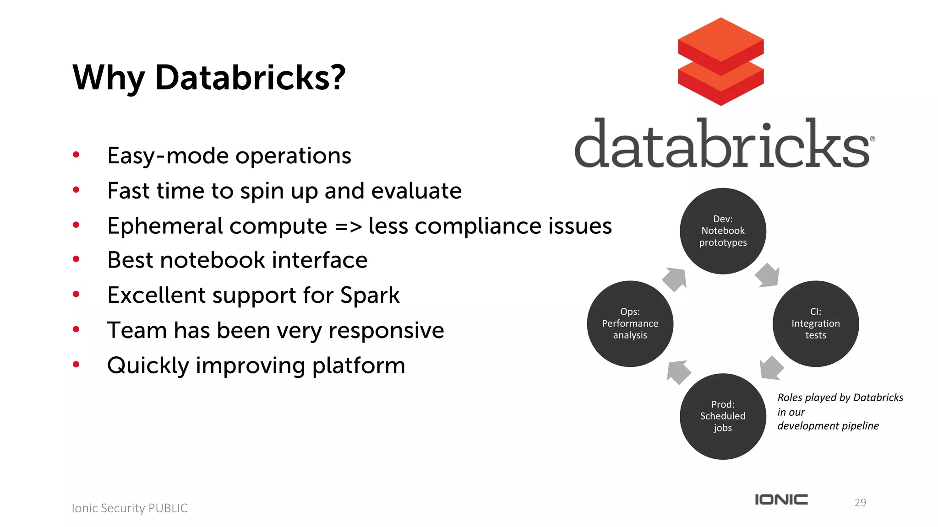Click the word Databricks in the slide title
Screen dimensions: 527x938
coord(250,78)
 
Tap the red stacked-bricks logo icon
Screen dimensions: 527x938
coord(721,62)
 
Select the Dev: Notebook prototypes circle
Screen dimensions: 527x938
coord(723,231)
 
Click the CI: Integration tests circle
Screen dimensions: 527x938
coord(815,323)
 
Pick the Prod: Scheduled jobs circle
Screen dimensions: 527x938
coord(723,416)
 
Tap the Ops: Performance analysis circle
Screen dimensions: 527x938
coord(630,323)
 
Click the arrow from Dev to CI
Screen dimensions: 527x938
coord(768,275)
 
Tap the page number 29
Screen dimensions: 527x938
coord(860,502)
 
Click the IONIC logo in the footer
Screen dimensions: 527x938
coord(781,500)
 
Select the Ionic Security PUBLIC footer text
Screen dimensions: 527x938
coord(130,508)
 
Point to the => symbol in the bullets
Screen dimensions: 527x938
coord(348,226)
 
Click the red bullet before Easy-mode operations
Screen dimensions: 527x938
coord(76,155)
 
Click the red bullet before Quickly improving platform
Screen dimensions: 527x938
coord(76,365)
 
